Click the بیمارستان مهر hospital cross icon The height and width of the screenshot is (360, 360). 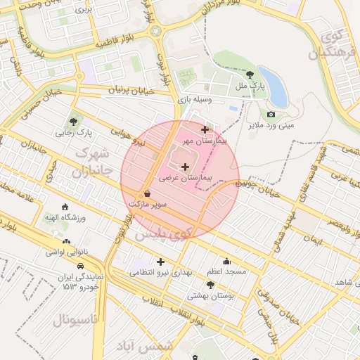click(205, 129)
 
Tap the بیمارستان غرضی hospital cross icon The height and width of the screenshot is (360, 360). click(185, 167)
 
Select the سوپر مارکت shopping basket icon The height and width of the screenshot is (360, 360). click(147, 193)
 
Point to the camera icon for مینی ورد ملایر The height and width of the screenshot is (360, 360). click(271, 114)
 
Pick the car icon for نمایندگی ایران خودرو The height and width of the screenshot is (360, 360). click(81, 266)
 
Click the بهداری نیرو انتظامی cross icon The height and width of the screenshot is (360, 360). click(160, 262)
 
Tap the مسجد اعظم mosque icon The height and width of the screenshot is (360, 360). click(226, 261)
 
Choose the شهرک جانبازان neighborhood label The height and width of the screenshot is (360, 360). click(92, 161)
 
